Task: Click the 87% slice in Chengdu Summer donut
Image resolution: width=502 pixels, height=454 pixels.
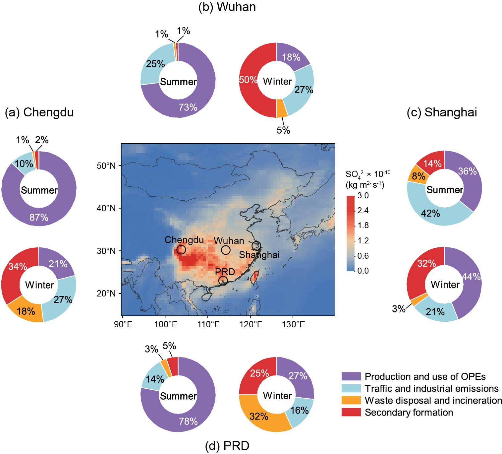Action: tap(39, 217)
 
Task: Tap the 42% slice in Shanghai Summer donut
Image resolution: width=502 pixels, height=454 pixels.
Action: tap(430, 213)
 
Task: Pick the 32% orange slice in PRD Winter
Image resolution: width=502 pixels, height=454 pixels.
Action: tap(259, 416)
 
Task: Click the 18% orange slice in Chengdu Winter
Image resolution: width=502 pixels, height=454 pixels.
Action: tap(26, 311)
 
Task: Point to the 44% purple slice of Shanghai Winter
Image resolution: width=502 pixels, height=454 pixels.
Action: tap(471, 277)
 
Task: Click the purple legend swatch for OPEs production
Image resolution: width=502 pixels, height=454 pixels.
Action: tap(351, 376)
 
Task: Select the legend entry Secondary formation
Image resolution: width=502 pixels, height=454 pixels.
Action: tap(409, 412)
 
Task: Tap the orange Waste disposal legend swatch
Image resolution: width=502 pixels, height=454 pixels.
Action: tap(351, 400)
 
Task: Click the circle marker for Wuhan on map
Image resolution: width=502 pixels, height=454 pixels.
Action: tap(226, 250)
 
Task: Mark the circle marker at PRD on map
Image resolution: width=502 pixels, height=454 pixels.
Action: tap(223, 281)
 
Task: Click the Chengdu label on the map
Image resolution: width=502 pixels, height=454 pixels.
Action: tap(184, 240)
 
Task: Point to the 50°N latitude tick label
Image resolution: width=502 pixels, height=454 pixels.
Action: tap(106, 166)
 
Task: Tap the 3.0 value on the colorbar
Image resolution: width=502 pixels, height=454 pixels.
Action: tap(363, 195)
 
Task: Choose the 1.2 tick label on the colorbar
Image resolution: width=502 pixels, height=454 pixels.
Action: tap(363, 240)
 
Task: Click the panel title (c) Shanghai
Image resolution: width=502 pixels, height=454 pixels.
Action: tap(442, 112)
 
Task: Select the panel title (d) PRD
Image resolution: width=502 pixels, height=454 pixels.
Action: tap(227, 446)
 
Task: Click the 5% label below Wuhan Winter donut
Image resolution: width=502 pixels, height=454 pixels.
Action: tap(283, 130)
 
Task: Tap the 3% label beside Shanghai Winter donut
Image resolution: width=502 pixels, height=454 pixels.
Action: tap(398, 309)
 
